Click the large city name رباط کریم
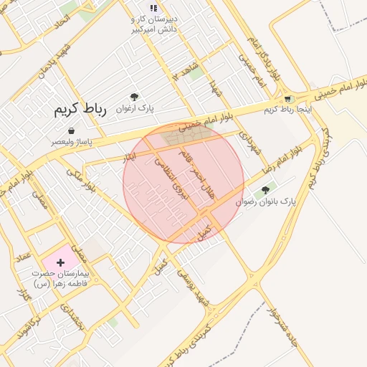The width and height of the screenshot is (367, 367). coord(80,110)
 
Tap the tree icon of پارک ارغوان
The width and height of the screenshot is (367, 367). coord(133,97)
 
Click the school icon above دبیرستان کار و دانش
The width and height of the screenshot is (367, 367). coord(153,9)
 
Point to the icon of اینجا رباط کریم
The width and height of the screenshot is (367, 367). coord(287,99)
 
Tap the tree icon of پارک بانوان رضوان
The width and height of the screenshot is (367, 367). coord(266,191)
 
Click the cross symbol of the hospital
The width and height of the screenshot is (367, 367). coord(60,264)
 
